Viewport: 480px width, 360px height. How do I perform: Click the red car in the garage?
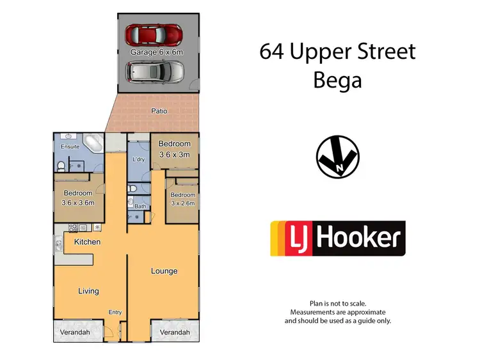click(154, 33)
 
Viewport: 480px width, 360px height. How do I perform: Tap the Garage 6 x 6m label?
click(157, 52)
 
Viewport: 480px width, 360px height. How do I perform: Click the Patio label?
click(159, 111)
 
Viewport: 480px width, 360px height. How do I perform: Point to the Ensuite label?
click(70, 146)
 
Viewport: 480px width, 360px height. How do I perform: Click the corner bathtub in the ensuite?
click(92, 143)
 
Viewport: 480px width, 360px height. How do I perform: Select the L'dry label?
click(138, 159)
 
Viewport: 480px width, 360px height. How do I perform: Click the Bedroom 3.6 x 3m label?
click(175, 148)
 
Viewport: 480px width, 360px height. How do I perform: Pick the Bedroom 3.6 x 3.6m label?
click(78, 198)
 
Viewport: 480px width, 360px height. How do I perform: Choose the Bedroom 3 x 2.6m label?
click(182, 199)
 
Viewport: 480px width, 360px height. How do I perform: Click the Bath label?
click(139, 207)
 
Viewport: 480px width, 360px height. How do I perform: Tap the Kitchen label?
click(87, 242)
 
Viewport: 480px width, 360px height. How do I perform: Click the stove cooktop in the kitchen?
click(73, 226)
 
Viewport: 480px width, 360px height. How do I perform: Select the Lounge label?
click(164, 271)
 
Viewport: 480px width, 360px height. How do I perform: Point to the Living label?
click(88, 291)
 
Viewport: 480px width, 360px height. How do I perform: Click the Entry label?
click(115, 312)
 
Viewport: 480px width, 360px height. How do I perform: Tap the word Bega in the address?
click(337, 81)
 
